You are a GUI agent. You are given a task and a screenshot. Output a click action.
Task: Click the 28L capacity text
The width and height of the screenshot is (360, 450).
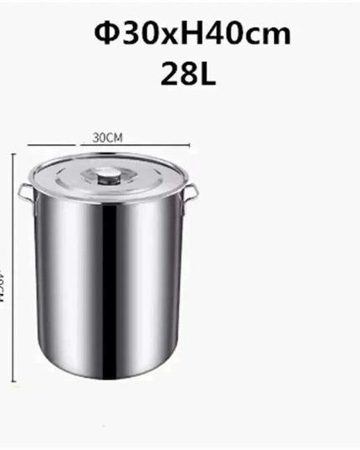pyautogui.click(x=188, y=73)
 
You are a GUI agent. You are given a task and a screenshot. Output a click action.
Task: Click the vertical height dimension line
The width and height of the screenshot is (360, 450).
pyautogui.click(x=13, y=268)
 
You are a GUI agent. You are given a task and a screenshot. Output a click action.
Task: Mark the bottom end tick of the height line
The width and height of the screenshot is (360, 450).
pyautogui.click(x=13, y=384)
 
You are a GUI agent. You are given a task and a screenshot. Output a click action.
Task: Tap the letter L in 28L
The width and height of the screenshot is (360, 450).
pyautogui.click(x=207, y=73)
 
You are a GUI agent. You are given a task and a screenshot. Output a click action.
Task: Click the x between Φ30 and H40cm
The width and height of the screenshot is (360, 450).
pyautogui.click(x=162, y=36)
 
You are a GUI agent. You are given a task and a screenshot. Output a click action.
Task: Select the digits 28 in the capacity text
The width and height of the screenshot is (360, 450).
pyautogui.click(x=177, y=73)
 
